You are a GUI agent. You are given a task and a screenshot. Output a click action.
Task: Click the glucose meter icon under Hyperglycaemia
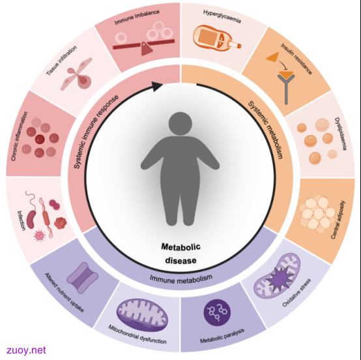coord(217,38)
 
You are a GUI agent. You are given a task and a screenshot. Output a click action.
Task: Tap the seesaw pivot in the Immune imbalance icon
coord(147,48)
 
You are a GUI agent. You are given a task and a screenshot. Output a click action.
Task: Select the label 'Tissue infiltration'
coord(61,61)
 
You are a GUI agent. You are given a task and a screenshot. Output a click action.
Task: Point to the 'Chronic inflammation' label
coord(20,136)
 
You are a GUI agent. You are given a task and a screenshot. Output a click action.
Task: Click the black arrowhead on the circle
coord(157,86)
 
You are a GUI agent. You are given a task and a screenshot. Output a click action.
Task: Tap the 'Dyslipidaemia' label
coord(340,134)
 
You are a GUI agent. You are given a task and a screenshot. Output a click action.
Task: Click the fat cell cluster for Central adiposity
coord(317,214)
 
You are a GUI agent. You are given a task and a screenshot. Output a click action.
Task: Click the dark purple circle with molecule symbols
coord(217,312)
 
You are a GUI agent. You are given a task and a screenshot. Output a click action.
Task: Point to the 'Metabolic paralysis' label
coord(222,336)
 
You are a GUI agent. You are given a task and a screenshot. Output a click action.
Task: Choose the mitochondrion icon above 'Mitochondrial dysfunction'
coord(142,314)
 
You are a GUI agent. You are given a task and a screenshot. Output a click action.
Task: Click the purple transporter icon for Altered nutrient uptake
coord(82,278)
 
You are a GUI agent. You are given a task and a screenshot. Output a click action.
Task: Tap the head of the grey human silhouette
coord(180,123)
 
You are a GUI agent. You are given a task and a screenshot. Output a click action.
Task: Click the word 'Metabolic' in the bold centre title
coord(180,247)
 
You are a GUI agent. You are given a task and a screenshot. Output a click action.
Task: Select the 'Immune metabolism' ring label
coord(181,278)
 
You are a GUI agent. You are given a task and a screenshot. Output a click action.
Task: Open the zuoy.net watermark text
coord(26,350)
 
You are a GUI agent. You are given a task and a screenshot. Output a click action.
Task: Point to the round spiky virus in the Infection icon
coord(40,235)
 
